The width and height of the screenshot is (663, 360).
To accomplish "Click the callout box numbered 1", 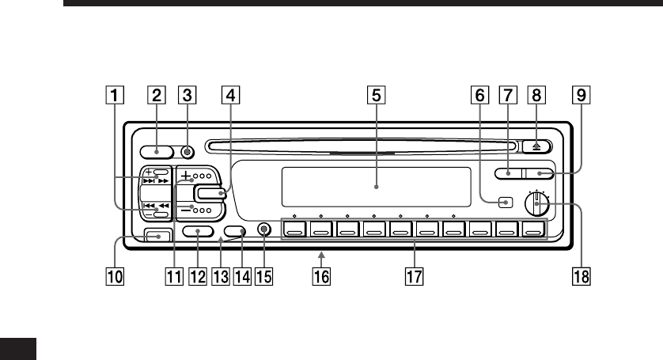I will pyautogui.click(x=116, y=97).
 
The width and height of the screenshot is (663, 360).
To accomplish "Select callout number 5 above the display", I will pyautogui.click(x=377, y=97).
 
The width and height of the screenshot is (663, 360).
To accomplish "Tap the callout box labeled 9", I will pyautogui.click(x=581, y=97).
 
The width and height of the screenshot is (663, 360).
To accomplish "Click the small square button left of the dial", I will pyautogui.click(x=505, y=203).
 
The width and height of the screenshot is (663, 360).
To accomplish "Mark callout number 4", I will pyautogui.click(x=229, y=97).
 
